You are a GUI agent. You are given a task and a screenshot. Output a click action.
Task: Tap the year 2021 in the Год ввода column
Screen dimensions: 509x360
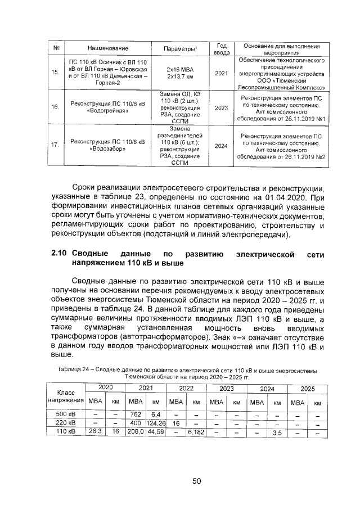click(221, 73)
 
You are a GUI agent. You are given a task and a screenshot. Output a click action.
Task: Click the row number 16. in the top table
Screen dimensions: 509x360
click(55, 106)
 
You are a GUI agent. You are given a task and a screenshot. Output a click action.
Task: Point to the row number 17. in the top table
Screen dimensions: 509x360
click(55, 145)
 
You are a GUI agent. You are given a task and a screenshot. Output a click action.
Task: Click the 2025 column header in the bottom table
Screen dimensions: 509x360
click(308, 388)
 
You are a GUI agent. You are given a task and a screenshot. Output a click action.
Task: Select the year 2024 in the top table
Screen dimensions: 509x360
click(221, 146)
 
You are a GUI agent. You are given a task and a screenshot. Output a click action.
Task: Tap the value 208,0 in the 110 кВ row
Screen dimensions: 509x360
click(135, 431)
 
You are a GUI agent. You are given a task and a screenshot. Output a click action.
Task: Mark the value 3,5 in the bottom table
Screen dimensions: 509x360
click(277, 433)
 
